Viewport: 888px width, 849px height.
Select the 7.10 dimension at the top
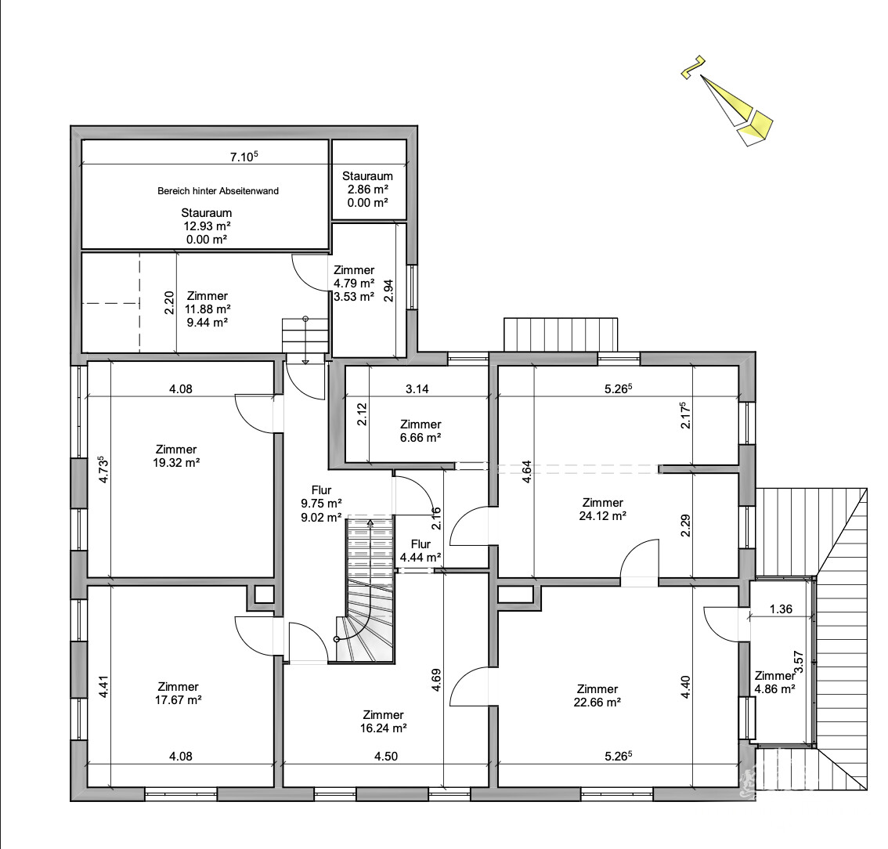click(243, 157)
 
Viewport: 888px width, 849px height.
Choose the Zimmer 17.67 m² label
click(177, 693)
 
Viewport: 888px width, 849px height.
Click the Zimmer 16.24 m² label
click(383, 721)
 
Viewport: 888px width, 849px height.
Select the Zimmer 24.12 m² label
click(602, 509)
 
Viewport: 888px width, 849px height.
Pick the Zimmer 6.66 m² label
click(420, 431)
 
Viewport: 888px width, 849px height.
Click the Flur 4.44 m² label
click(420, 551)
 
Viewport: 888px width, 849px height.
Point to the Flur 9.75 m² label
click(321, 503)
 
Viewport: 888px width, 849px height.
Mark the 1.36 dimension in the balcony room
click(780, 609)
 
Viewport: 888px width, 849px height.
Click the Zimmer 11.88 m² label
click(208, 309)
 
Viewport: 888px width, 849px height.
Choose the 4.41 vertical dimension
click(103, 687)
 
